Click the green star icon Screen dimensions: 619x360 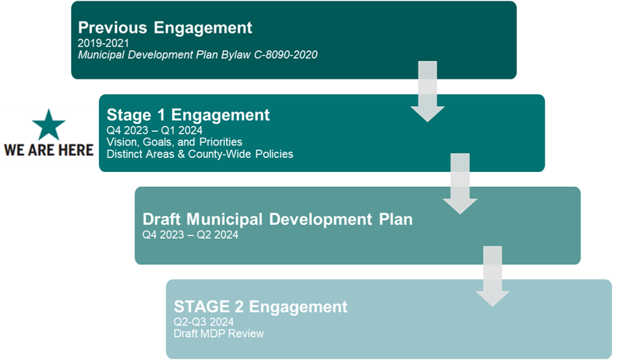[49, 125]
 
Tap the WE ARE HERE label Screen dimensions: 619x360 [49, 150]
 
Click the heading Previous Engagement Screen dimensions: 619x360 [165, 28]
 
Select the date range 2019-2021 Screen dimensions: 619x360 [104, 43]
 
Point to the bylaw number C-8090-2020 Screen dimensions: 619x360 [285, 54]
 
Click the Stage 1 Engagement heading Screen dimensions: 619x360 [188, 115]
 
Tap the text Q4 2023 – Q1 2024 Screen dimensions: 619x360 [155, 130]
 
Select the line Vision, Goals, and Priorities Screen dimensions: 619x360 [175, 142]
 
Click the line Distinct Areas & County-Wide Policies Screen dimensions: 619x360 [200, 154]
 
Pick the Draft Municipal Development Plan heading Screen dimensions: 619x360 [278, 219]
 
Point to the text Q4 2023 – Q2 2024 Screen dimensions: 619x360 [190, 235]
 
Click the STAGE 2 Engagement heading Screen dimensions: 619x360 [260, 306]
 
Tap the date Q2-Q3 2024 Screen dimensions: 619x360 [204, 322]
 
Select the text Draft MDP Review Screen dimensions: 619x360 [219, 334]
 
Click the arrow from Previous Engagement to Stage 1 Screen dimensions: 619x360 [428, 92]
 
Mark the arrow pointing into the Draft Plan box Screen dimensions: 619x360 [460, 184]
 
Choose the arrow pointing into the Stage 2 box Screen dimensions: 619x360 [493, 276]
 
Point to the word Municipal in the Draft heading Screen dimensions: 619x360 [225, 219]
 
